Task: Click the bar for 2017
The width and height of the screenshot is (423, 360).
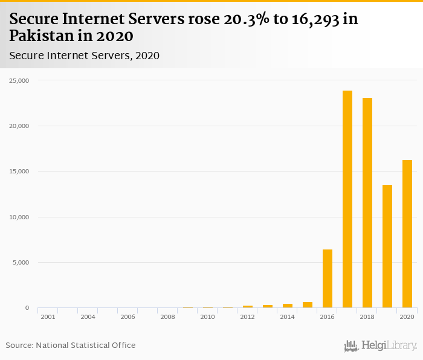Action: [347, 199]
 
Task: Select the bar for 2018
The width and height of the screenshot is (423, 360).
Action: [367, 203]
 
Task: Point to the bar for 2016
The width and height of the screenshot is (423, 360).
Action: [328, 278]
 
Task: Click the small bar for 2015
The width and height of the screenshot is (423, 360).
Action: [308, 305]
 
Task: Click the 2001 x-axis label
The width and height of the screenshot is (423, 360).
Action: [48, 317]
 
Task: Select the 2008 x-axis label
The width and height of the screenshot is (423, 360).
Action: [167, 317]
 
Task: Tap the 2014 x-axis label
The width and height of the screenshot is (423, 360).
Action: [287, 317]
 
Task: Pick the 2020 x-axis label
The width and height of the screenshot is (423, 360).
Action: [407, 317]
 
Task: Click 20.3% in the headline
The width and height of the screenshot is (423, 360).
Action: [242, 19]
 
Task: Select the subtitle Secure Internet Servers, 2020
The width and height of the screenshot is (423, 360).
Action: [84, 56]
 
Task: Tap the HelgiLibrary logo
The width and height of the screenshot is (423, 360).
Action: [381, 346]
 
